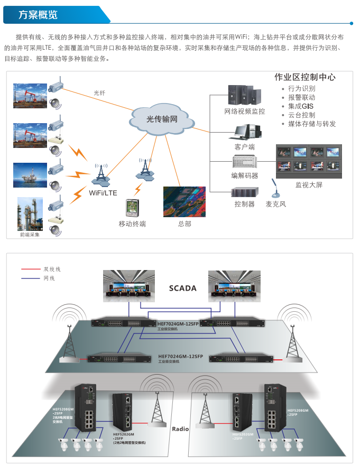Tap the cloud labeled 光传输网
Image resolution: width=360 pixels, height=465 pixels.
coord(162,118)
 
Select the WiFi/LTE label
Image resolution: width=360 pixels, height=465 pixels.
coord(103,193)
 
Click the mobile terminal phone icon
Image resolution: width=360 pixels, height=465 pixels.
coord(132,208)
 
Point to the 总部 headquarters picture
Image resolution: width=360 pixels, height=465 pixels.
coord(184,202)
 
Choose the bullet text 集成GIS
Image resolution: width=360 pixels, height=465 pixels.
coord(301,106)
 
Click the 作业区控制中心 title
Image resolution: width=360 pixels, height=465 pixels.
coord(305,77)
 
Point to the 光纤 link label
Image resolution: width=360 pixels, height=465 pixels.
coord(99,93)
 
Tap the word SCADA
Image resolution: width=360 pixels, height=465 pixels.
coord(183,289)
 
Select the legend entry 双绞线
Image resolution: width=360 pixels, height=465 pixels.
coord(52,269)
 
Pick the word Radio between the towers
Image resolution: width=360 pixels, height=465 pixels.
coord(180,429)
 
